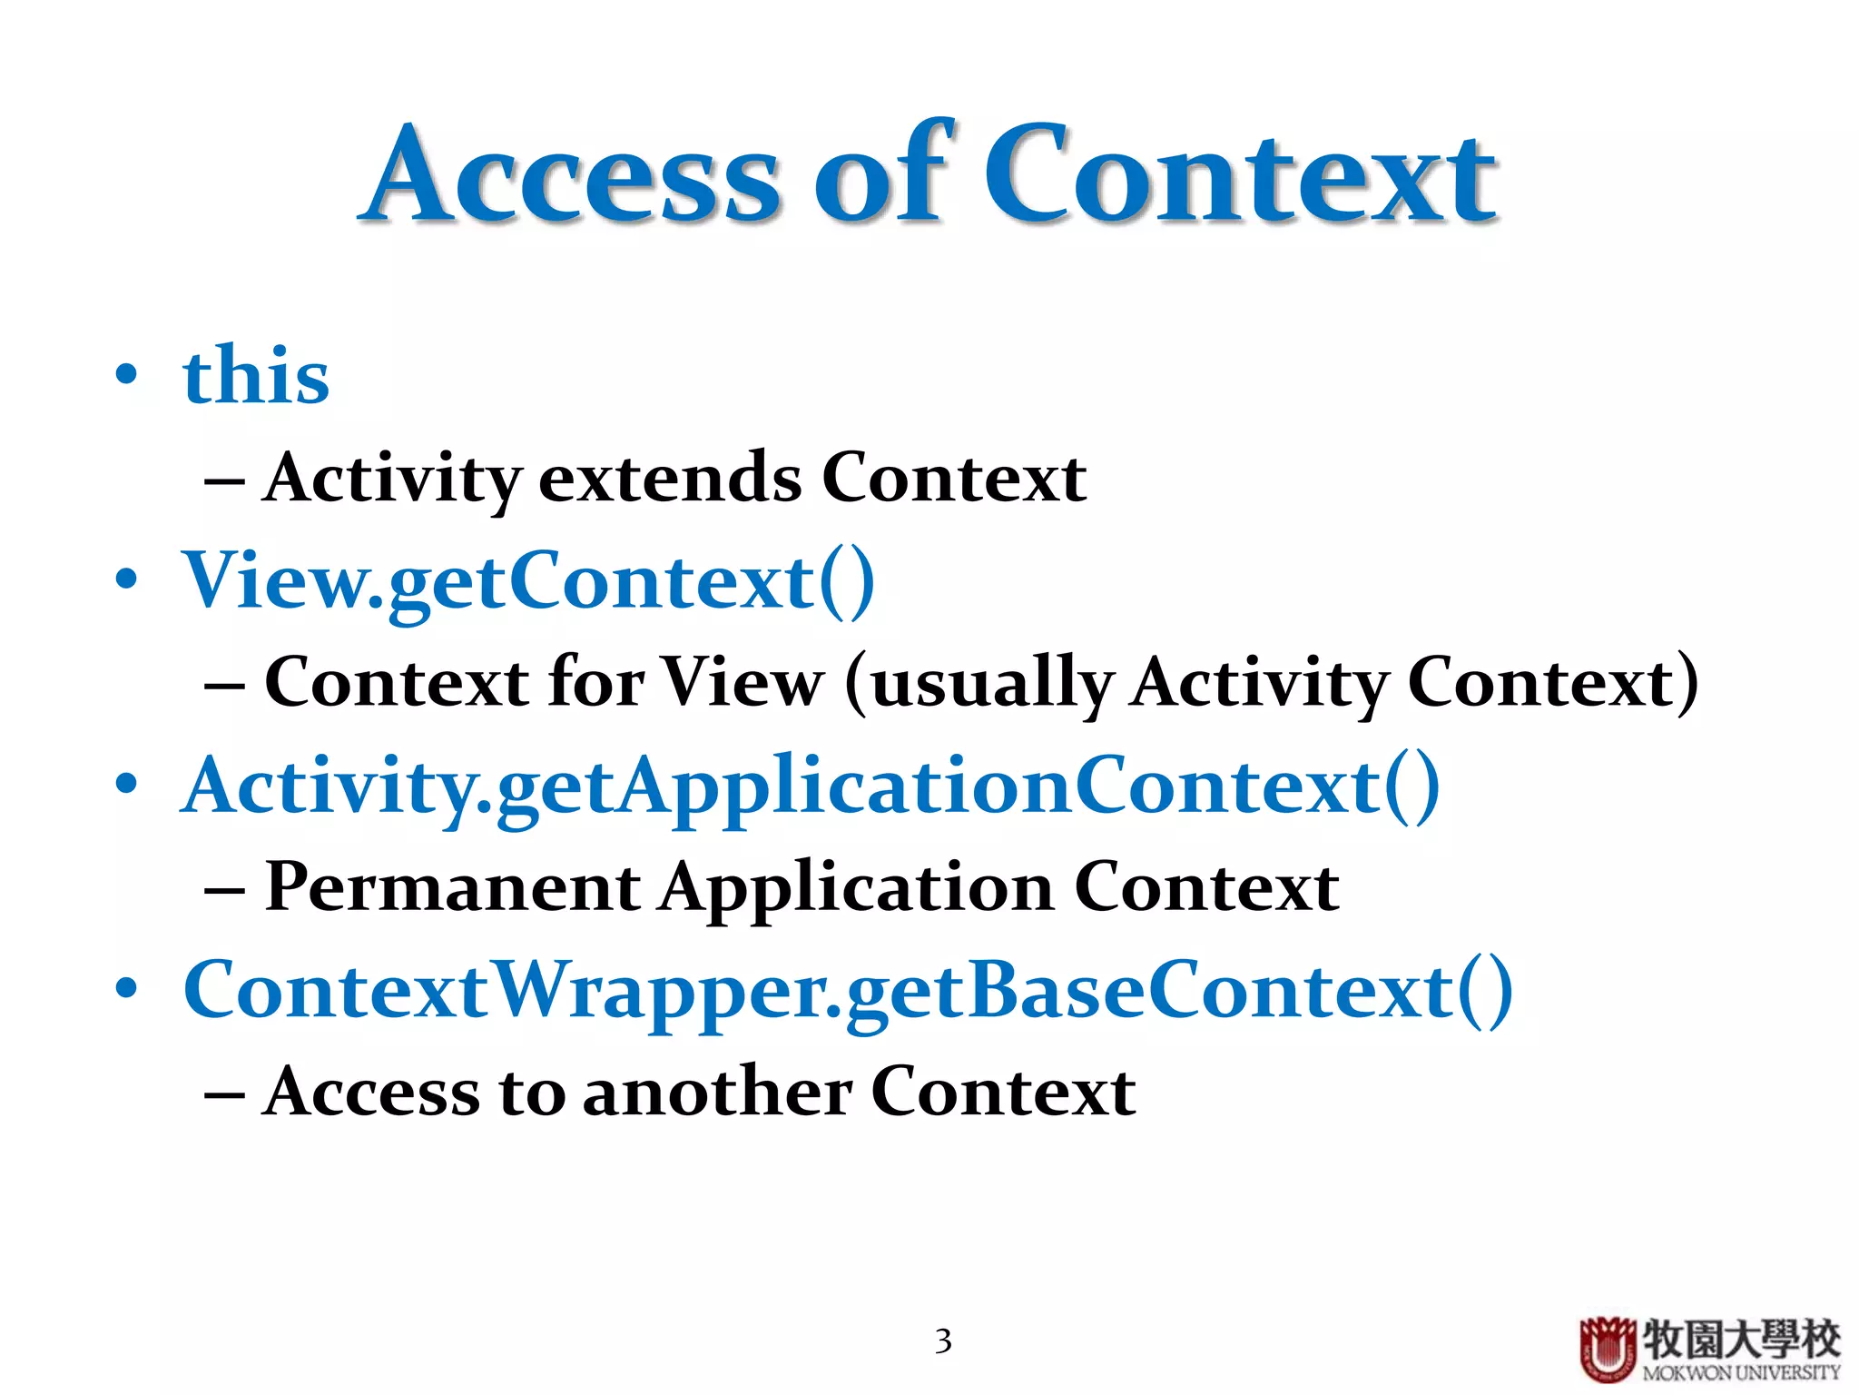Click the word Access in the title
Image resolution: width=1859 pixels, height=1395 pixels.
coord(572,174)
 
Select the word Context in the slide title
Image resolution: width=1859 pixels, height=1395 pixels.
coord(1239,174)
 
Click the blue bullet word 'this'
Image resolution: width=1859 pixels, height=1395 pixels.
coord(256,376)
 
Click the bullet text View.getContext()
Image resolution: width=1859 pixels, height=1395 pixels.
coord(528,581)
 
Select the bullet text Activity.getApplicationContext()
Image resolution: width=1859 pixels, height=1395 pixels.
coord(810,787)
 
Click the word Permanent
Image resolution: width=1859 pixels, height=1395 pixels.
coord(453,887)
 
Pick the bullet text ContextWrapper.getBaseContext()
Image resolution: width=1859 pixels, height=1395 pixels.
coord(848,991)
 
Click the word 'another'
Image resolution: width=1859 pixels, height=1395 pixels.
coord(717,1092)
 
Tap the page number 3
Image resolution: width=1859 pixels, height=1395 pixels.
coord(943,1341)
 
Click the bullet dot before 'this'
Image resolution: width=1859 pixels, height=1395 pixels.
coord(127,374)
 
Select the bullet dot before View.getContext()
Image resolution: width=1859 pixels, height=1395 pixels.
coord(127,579)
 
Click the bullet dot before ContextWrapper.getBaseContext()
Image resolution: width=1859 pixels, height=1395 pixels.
coord(127,988)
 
